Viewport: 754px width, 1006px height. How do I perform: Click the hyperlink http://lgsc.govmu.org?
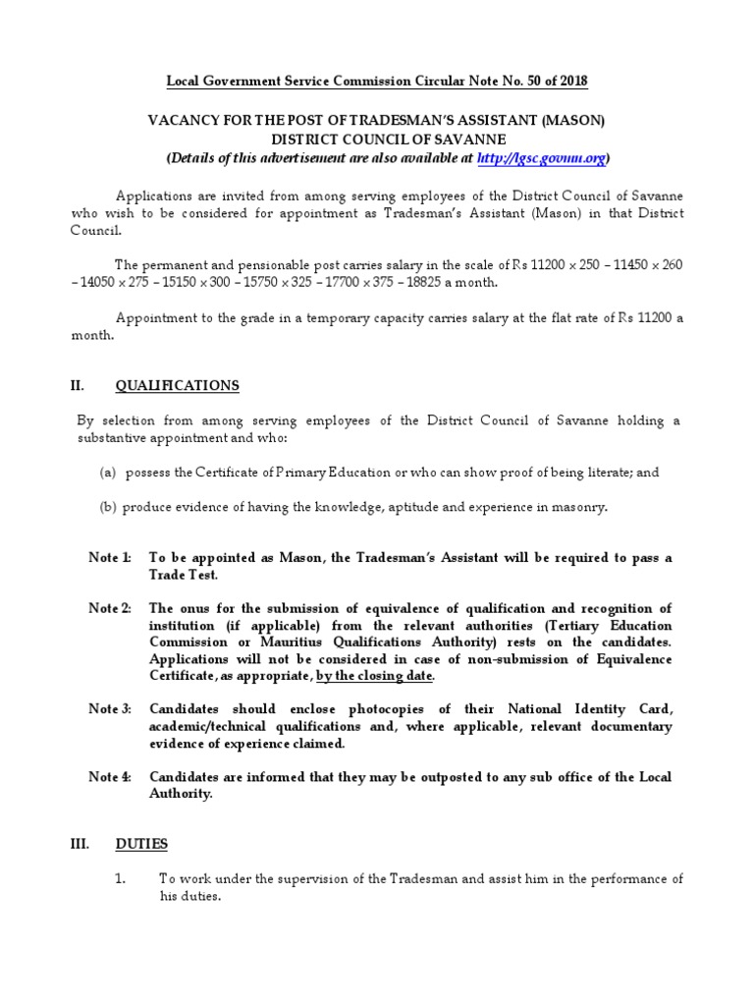coord(541,157)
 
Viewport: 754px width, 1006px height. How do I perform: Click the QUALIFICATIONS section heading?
coord(177,385)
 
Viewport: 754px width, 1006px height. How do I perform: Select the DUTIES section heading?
coord(141,844)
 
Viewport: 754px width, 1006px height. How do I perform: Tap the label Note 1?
coord(110,558)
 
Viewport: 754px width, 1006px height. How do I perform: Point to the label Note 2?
coord(110,609)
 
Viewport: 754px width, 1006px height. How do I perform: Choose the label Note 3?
coord(110,709)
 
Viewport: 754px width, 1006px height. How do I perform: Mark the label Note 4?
coord(110,777)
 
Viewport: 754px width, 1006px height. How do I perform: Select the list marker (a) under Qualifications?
coord(108,473)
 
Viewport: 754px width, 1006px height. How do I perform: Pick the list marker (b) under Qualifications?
coord(108,507)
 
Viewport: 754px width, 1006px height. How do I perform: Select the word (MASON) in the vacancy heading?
coord(569,120)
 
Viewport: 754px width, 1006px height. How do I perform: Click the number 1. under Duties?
coord(121,878)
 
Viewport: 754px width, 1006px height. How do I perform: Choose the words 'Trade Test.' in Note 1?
coord(184,575)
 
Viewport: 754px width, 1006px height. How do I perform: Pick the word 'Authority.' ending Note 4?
coord(181,794)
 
